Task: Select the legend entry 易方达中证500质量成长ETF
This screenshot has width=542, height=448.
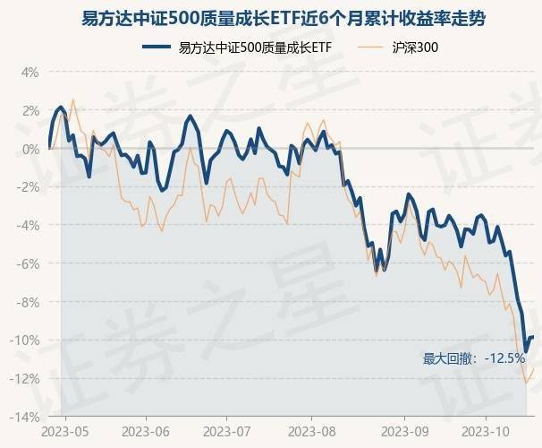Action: pyautogui.click(x=241, y=47)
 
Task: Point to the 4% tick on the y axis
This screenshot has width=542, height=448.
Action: pyautogui.click(x=29, y=72)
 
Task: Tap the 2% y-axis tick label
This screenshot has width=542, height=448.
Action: pyautogui.click(x=29, y=110)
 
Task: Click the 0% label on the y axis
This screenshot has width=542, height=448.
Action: pyautogui.click(x=29, y=149)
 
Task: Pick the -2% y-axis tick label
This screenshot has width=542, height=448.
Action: pyautogui.click(x=27, y=186)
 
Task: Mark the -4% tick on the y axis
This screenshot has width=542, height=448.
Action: pyautogui.click(x=27, y=225)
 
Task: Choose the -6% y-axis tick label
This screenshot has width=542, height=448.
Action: pyautogui.click(x=27, y=263)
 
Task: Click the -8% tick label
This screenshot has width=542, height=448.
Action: pyautogui.click(x=27, y=302)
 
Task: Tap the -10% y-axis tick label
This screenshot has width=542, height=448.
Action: pyautogui.click(x=24, y=340)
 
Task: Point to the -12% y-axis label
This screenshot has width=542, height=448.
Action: pyautogui.click(x=24, y=379)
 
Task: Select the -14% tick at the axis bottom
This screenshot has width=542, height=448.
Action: pyautogui.click(x=24, y=418)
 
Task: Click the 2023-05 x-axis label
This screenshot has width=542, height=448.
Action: pyautogui.click(x=65, y=430)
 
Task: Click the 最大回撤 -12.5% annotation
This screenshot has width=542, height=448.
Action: pyautogui.click(x=473, y=358)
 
